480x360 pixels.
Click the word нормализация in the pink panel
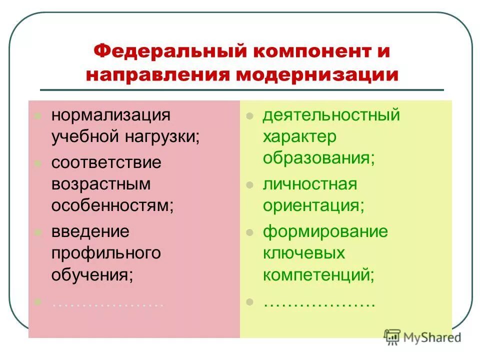tap(110, 115)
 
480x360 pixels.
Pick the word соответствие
tap(106, 162)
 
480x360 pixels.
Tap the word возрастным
tap(100, 184)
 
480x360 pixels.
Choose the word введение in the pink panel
tap(90, 231)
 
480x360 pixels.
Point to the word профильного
tap(106, 253)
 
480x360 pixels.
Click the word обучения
tap(92, 275)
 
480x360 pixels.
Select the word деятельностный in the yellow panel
tap(331, 115)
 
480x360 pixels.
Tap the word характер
tap(299, 137)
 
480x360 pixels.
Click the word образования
tap(318, 158)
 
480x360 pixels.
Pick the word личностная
tap(310, 184)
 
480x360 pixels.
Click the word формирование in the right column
tap(325, 231)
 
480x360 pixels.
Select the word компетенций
tap(318, 274)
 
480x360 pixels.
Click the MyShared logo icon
tap(393, 336)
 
